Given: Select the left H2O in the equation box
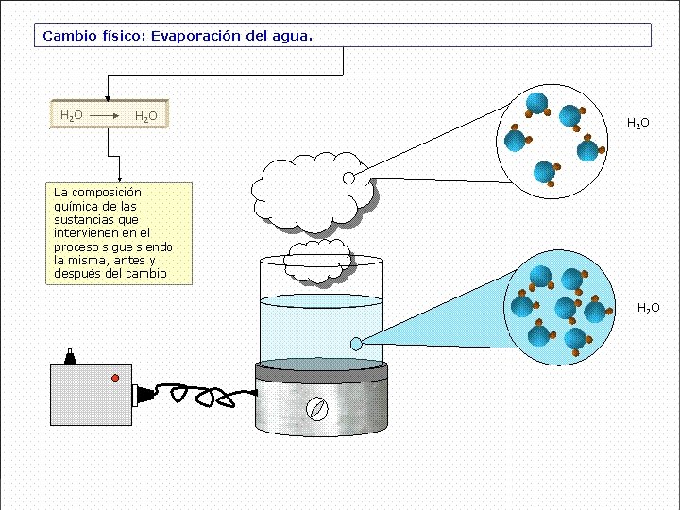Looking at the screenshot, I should [x=71, y=115].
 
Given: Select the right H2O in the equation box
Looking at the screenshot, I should [x=145, y=116].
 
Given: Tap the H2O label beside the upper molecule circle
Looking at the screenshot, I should [x=638, y=124].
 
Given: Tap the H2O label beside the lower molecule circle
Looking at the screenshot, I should [x=648, y=308].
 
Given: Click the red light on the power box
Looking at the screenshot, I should [x=115, y=378].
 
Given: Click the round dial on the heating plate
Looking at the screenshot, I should [x=317, y=408].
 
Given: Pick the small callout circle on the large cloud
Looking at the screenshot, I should [x=348, y=178].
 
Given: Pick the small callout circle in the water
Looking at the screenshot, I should [x=356, y=344].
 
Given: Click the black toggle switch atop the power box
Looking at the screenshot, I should [x=70, y=356].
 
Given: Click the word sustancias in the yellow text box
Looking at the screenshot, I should [x=84, y=219].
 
